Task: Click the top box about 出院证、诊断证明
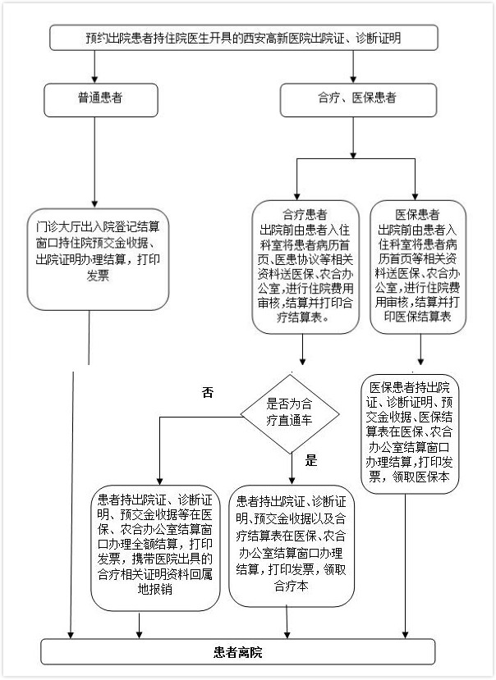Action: tap(244, 38)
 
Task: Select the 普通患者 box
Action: tap(100, 100)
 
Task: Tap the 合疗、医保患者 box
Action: tap(358, 100)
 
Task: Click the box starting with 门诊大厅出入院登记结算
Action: tap(98, 259)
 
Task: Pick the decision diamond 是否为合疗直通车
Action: tap(290, 414)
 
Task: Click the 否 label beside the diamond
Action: tap(208, 392)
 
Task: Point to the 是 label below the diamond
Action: tap(311, 460)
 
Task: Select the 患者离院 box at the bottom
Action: tap(238, 652)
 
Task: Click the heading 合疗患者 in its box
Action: tap(305, 214)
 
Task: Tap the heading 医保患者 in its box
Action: tap(417, 214)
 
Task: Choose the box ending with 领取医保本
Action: tap(410, 434)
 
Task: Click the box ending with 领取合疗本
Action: tap(292, 546)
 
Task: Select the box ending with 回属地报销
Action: tap(155, 548)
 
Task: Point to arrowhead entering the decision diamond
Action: tap(303, 361)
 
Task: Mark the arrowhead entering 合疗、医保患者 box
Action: tap(353, 80)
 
